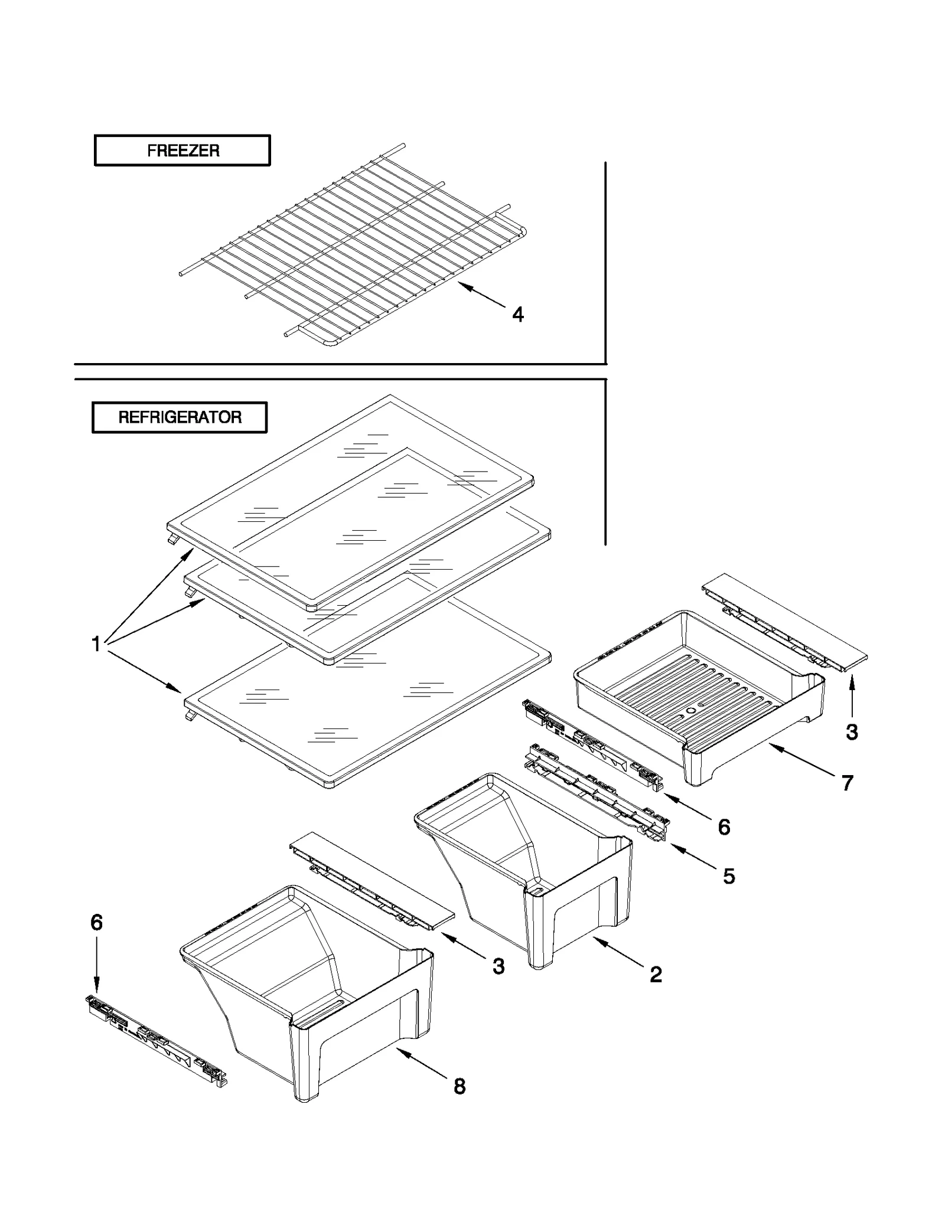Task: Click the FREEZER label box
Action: coord(182,151)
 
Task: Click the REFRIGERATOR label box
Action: coord(180,417)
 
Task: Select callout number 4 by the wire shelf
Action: coord(517,315)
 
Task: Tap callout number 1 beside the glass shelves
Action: coord(96,643)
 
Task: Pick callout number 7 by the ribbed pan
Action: coord(847,783)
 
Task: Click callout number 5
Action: coord(729,876)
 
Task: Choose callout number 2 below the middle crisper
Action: coord(656,974)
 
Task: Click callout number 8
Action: coord(460,1086)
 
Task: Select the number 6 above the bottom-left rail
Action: coord(97,922)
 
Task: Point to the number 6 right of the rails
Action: coord(724,827)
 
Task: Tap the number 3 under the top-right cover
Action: coord(851,732)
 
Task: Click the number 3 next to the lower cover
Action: coord(498,966)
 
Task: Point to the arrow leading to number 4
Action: coord(481,295)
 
